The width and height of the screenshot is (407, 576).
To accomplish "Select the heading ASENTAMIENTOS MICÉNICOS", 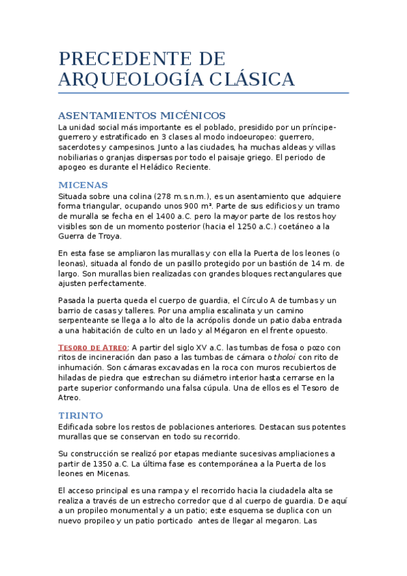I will click(141, 115).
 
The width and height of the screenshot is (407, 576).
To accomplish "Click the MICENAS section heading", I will click(83, 184).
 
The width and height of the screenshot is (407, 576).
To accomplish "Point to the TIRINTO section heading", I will click(81, 415).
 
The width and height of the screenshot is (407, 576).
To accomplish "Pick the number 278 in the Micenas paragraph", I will click(164, 196).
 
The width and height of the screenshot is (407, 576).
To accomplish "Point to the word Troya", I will click(108, 236).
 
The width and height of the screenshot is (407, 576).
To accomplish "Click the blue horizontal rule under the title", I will click(203, 92).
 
